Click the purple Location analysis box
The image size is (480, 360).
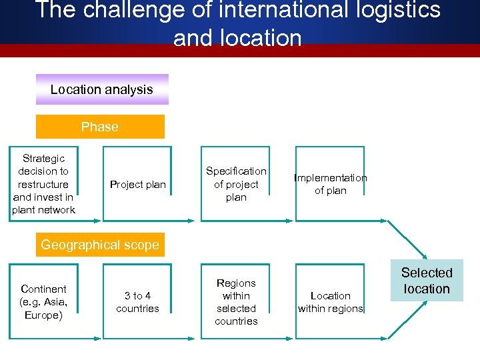(102, 89)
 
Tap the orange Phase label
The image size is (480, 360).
(99, 127)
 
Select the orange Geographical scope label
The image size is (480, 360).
(100, 245)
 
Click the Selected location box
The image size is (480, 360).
(427, 281)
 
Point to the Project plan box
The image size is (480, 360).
(137, 184)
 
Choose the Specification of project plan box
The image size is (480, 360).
(236, 184)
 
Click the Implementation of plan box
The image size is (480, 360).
(331, 184)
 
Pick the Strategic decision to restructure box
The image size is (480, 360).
(43, 184)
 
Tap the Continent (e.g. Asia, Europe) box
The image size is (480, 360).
(43, 302)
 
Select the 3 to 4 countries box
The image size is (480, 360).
(137, 302)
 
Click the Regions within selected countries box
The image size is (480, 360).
(236, 302)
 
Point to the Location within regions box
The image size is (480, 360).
(331, 302)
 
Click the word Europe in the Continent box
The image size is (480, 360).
(43, 315)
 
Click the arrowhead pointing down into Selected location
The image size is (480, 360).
(424, 255)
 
